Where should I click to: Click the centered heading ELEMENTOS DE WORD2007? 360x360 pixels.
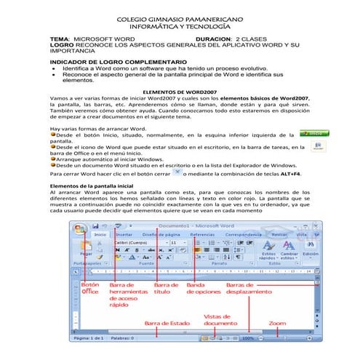click(180, 92)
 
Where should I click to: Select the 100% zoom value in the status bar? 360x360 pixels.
click(249, 338)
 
